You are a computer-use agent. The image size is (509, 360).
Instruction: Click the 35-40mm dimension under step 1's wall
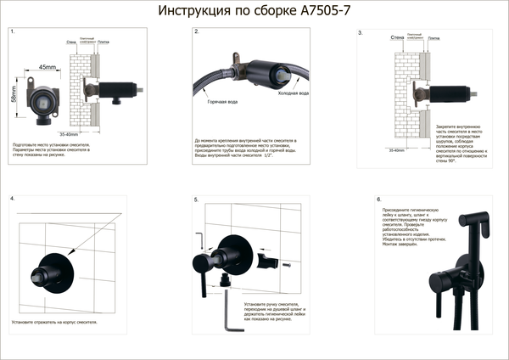[69, 133]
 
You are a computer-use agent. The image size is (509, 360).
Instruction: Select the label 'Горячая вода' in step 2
[222, 102]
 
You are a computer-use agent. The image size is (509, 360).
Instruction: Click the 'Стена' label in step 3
[396, 38]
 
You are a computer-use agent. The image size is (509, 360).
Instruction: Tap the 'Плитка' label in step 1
[103, 40]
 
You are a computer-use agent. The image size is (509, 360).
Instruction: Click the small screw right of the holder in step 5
[288, 265]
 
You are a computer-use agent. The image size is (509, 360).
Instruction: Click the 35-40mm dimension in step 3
[396, 149]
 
